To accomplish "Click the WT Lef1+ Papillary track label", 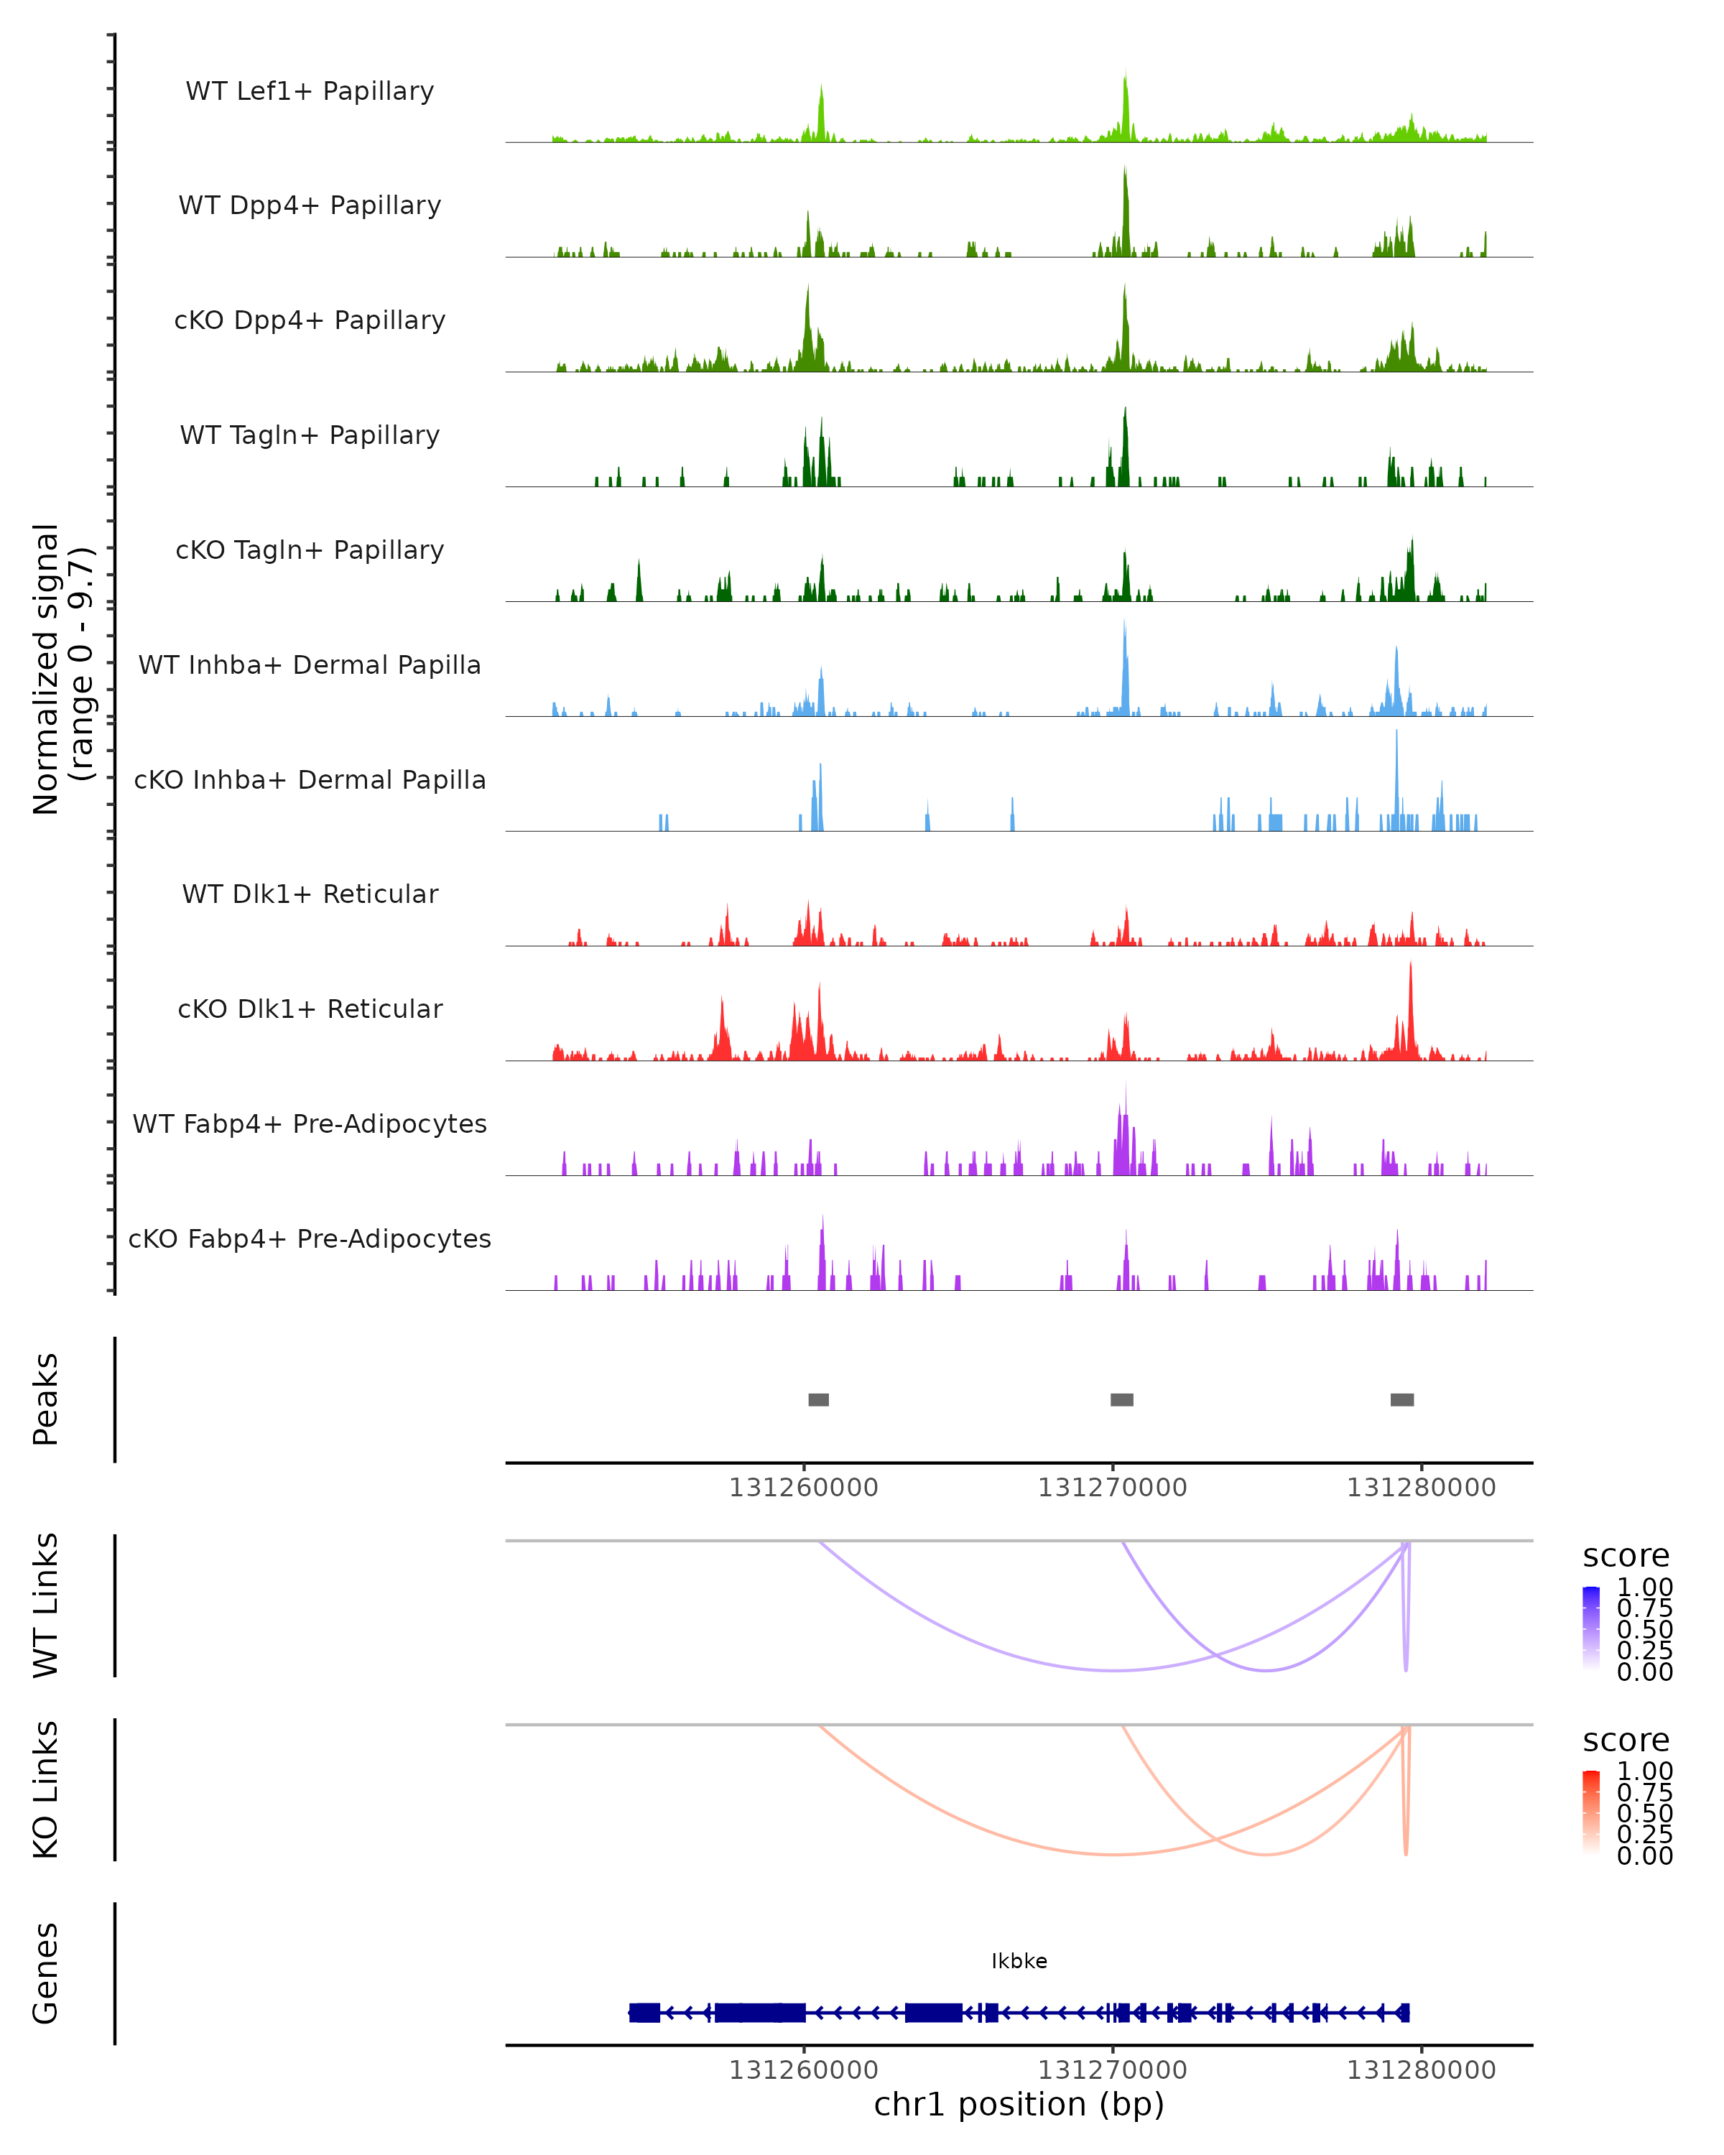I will (x=310, y=91).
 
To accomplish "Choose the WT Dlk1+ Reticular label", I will (x=310, y=894).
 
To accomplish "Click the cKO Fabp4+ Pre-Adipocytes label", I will (x=310, y=1238).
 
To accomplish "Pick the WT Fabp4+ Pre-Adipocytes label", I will (x=310, y=1123).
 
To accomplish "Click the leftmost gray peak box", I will (x=818, y=1399).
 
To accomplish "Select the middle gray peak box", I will (x=1121, y=1399).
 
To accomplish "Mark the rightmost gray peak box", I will (x=1401, y=1399).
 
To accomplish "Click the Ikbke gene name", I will (x=1019, y=1961).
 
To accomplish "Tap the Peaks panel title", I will (x=46, y=1399).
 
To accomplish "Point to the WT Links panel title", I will (x=46, y=1605).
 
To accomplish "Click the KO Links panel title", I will (x=46, y=1789).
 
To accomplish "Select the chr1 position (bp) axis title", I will (x=1019, y=2104).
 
